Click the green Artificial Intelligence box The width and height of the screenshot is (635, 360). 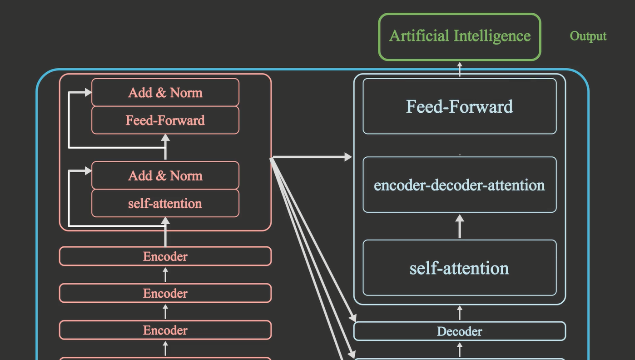click(x=459, y=37)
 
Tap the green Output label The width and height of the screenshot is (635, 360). click(x=588, y=36)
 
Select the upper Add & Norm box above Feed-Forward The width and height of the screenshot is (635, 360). click(x=165, y=92)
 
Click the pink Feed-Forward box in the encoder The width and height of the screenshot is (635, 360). click(x=165, y=120)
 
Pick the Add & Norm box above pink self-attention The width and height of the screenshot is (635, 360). click(x=165, y=175)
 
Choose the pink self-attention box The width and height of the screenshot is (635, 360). click(x=165, y=203)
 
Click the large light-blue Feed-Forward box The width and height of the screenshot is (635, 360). click(x=459, y=106)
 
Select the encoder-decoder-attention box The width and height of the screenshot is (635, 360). click(x=459, y=185)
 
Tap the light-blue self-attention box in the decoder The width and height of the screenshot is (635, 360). click(x=459, y=268)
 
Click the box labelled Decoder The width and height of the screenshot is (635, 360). click(x=459, y=331)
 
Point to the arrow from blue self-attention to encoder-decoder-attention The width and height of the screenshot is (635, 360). click(x=460, y=226)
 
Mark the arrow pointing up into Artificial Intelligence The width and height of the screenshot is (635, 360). click(x=460, y=69)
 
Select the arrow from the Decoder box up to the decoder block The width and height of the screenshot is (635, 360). click(x=460, y=313)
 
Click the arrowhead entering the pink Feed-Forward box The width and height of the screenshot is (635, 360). click(x=165, y=138)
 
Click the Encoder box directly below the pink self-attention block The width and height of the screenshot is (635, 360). click(x=165, y=256)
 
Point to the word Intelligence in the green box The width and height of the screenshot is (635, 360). click(x=495, y=36)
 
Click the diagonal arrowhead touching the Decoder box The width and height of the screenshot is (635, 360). click(x=352, y=318)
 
